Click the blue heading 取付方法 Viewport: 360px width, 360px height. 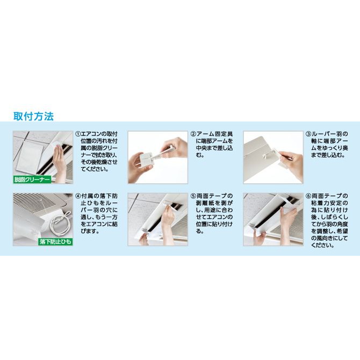pos(33,117)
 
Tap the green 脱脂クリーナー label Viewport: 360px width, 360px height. pos(32,179)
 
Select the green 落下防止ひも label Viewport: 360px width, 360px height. pos(55,242)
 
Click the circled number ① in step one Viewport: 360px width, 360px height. pos(78,134)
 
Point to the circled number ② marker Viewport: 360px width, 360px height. pos(193,134)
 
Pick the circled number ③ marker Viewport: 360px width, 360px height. pos(308,134)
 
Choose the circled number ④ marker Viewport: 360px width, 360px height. pos(78,196)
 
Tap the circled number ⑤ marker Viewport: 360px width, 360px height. pos(193,196)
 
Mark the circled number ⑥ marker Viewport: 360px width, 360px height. pos(308,196)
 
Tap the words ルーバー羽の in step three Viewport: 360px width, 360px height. pos(330,134)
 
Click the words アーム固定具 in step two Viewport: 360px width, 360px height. pos(215,134)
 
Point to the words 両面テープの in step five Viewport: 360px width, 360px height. pos(215,196)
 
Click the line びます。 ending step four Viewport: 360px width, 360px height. pos(90,231)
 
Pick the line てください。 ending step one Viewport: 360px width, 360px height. pos(95,169)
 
